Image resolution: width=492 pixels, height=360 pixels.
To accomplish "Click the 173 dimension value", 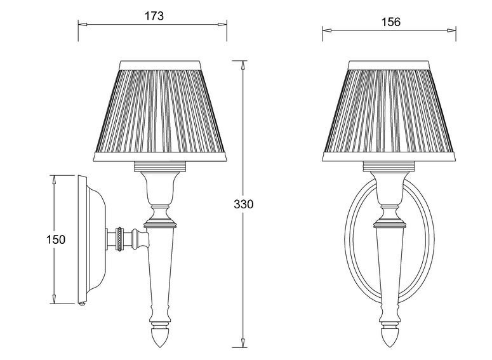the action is click(x=154, y=16).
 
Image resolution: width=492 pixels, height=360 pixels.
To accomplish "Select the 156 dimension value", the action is click(x=391, y=22).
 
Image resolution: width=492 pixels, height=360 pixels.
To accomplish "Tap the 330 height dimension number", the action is click(x=243, y=204).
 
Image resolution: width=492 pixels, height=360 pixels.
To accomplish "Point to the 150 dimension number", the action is click(x=56, y=240).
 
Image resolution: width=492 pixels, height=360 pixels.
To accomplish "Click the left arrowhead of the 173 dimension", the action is click(x=82, y=24).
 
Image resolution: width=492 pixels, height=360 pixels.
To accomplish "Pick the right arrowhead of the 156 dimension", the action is click(x=451, y=30).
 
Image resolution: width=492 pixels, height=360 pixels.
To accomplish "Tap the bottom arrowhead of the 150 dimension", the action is click(x=54, y=299).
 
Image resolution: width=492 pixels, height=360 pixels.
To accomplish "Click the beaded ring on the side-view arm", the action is click(x=119, y=239).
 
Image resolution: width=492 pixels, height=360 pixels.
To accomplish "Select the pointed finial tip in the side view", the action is click(x=160, y=347).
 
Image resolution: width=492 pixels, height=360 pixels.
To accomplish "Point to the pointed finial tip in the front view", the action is click(x=389, y=347).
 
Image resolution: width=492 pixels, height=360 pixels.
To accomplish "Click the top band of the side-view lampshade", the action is click(x=160, y=65).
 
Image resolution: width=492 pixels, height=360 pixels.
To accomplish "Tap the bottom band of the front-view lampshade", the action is click(x=389, y=157).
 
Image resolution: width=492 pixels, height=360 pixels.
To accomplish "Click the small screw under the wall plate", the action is click(x=83, y=304).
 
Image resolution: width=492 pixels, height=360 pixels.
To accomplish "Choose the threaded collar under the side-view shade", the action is click(x=161, y=166).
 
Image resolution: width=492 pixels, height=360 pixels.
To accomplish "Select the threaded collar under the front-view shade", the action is click(x=389, y=166).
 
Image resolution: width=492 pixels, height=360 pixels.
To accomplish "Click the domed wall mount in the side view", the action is click(x=93, y=239).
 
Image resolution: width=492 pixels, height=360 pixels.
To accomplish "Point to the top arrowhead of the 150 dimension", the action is click(x=54, y=180).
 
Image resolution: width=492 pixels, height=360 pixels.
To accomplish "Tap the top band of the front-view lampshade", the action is click(x=389, y=65).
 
